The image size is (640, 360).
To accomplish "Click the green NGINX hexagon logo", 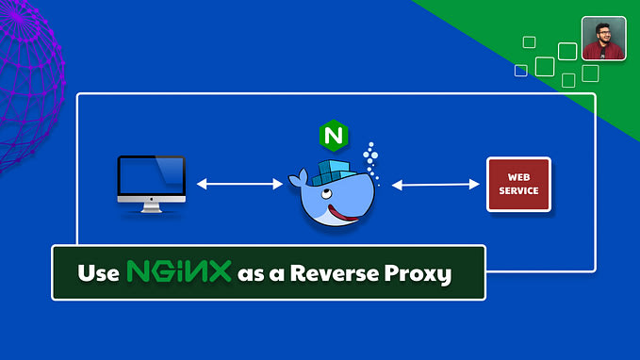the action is (334, 136).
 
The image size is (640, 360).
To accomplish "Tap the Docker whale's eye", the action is (325, 193).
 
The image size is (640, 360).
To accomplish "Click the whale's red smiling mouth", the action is (342, 214).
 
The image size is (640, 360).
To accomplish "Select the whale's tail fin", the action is (298, 178).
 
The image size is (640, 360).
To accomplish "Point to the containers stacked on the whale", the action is (333, 172).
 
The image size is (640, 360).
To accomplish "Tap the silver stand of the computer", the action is (152, 207).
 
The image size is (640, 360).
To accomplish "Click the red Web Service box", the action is (518, 185).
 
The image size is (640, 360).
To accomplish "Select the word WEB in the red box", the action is (518, 177).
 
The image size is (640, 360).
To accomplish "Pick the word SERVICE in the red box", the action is (518, 190).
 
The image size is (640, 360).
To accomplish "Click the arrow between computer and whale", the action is (239, 184).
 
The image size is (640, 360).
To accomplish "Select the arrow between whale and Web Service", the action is (435, 185).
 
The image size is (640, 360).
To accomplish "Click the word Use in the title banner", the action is (98, 273).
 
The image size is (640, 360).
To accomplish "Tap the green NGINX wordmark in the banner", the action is (179, 271).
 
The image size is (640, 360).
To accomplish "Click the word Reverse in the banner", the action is (335, 273).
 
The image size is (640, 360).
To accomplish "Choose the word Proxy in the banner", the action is (418, 274).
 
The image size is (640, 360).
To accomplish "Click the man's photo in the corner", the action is (603, 39).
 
